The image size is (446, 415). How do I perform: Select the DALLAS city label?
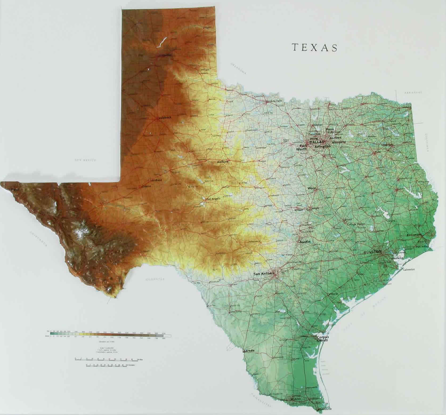click(x=316, y=142)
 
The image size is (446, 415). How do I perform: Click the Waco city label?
click(x=311, y=189)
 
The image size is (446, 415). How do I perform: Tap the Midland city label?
click(x=157, y=180)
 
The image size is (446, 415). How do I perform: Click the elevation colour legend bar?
click(x=108, y=334)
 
